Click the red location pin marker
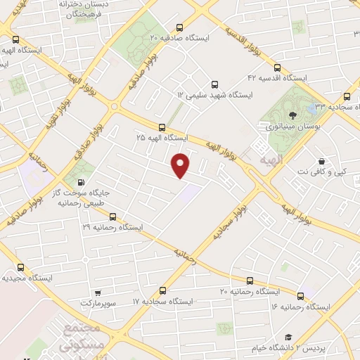[x=181, y=165]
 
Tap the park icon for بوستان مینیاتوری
[x=292, y=113]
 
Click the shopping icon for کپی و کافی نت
[x=321, y=160]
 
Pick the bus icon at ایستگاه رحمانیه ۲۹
[x=112, y=217]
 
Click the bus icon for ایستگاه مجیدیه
[x=20, y=267]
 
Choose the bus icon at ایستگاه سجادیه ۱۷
[x=163, y=290]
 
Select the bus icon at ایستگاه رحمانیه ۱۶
[x=302, y=295]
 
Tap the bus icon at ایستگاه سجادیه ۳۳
[x=347, y=96]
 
